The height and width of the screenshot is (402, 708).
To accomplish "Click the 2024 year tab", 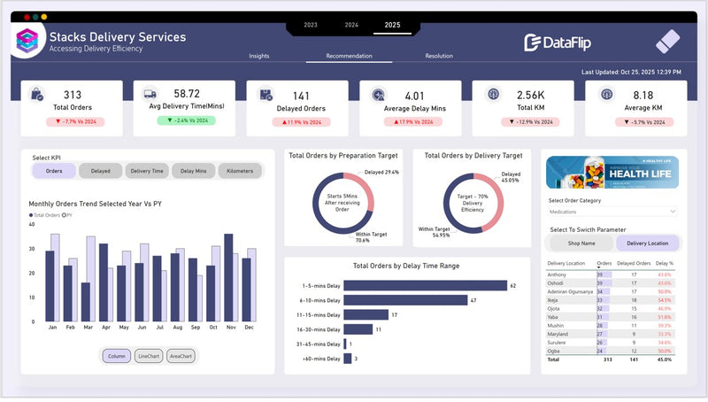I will click(x=351, y=25).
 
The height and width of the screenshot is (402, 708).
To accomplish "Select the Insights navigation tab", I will click(x=259, y=56).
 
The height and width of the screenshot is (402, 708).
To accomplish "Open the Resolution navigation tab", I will click(x=439, y=56).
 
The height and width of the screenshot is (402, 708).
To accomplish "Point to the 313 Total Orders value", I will click(x=73, y=94).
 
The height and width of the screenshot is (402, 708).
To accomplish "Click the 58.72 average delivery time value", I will click(x=187, y=93).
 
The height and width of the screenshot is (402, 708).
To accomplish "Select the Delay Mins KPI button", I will click(x=194, y=171).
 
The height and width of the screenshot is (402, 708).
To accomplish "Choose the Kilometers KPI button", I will click(x=240, y=171).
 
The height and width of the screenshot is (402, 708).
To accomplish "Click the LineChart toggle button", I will click(x=148, y=355).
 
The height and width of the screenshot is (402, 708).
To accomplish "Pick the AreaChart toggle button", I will click(x=181, y=355).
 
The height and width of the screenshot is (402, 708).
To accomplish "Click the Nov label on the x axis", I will click(x=230, y=328).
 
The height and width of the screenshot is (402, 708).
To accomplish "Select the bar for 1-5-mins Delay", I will click(x=425, y=285).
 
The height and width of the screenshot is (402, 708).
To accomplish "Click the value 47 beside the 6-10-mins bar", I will click(x=473, y=300).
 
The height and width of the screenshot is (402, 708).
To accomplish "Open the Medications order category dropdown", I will click(x=612, y=212).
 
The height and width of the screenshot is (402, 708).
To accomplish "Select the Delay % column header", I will click(x=665, y=264).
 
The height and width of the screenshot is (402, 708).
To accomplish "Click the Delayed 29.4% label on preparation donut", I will click(x=382, y=172).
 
